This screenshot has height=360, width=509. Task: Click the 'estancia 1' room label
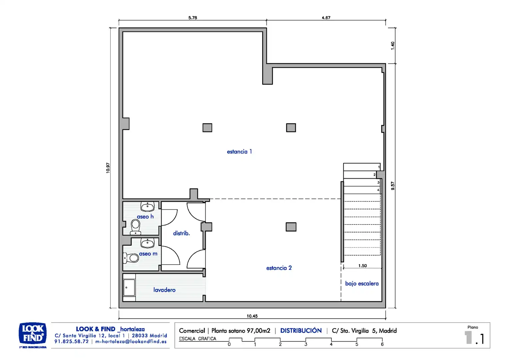pos(239,152)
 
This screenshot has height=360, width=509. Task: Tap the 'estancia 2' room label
pos(279,268)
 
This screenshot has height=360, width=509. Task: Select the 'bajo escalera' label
pos(362,284)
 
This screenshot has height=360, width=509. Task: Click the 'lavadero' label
pos(164,290)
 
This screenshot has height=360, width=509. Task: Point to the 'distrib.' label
pos(181,233)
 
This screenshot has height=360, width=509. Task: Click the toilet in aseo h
pos(136,227)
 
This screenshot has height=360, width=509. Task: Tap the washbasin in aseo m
pos(148,243)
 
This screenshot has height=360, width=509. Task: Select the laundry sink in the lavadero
pos(129,288)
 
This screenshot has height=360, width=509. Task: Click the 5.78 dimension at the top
pos(193,18)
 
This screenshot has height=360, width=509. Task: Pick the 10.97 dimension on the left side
pos(108,168)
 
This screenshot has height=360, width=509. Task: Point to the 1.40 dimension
pos(393,46)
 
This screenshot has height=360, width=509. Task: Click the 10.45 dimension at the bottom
pos(252,316)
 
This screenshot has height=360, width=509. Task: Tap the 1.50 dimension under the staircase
pos(362,266)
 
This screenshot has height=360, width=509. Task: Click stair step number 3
pos(362,182)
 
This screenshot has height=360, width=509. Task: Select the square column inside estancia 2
pos(291,227)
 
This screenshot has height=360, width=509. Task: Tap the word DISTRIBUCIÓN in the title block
pos(301,330)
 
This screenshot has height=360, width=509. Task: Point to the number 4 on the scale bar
pos(331,344)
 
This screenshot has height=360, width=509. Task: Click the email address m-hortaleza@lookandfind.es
pos(131,341)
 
